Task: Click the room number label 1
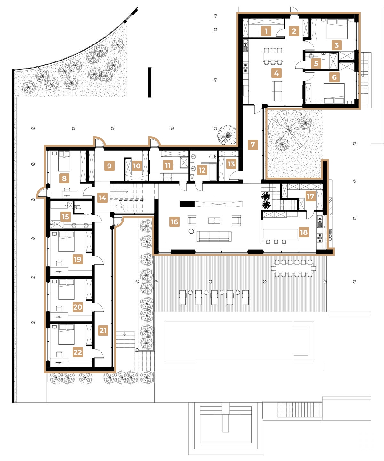[x=266, y=31]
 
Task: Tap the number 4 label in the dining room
[x=276, y=73]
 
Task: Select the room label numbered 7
[x=252, y=145]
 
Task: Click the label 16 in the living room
[x=174, y=222]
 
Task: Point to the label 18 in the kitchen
[x=304, y=232]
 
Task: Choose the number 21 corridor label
[x=103, y=330]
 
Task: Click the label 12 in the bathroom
[x=202, y=170]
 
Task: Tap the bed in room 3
[x=337, y=29]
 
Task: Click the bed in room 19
[x=66, y=242]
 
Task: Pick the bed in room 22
[x=66, y=335]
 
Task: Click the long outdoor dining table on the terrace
[x=293, y=268]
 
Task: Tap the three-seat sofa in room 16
[x=214, y=236]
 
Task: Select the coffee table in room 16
[x=214, y=221]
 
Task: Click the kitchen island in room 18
[x=280, y=234]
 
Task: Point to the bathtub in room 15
[x=60, y=205]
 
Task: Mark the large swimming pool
[x=238, y=341]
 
